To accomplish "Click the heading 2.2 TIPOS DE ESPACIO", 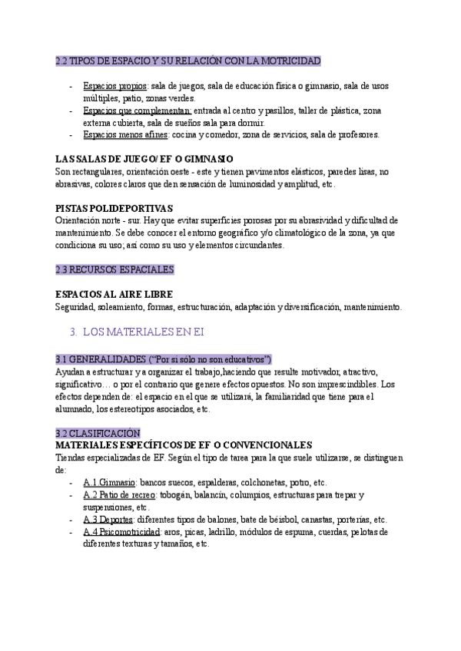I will (188, 61).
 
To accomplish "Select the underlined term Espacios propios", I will (115, 86).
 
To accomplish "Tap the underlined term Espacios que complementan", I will (137, 111).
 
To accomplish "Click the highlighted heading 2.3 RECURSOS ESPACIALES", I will (115, 269).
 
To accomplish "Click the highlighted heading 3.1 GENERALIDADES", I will (164, 359).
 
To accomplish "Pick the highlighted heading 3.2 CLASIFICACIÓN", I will (98, 433).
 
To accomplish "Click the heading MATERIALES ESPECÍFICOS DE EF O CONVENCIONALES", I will (184, 445).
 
